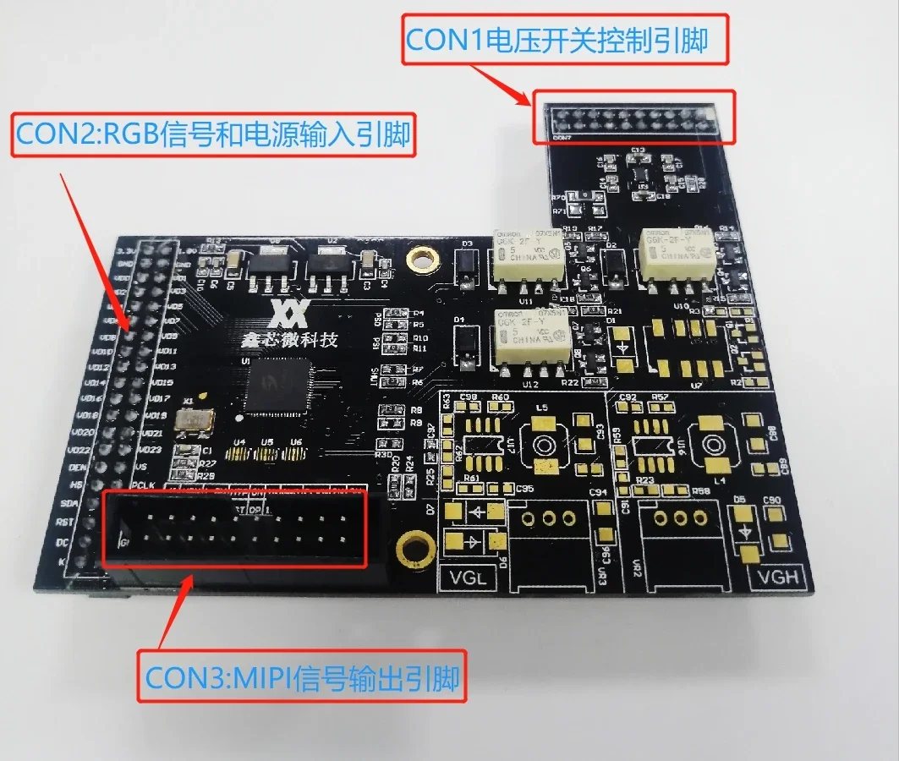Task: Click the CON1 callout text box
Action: pyautogui.click(x=565, y=40)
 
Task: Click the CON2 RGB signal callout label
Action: pyautogui.click(x=213, y=134)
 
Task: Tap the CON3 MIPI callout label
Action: pyautogui.click(x=302, y=678)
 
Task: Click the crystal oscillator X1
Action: pyautogui.click(x=193, y=421)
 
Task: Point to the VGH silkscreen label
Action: pyautogui.click(x=776, y=578)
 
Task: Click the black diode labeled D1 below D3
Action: pyautogui.click(x=463, y=341)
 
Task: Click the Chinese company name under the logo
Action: pyautogui.click(x=288, y=340)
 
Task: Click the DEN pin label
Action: pyautogui.click(x=79, y=466)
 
